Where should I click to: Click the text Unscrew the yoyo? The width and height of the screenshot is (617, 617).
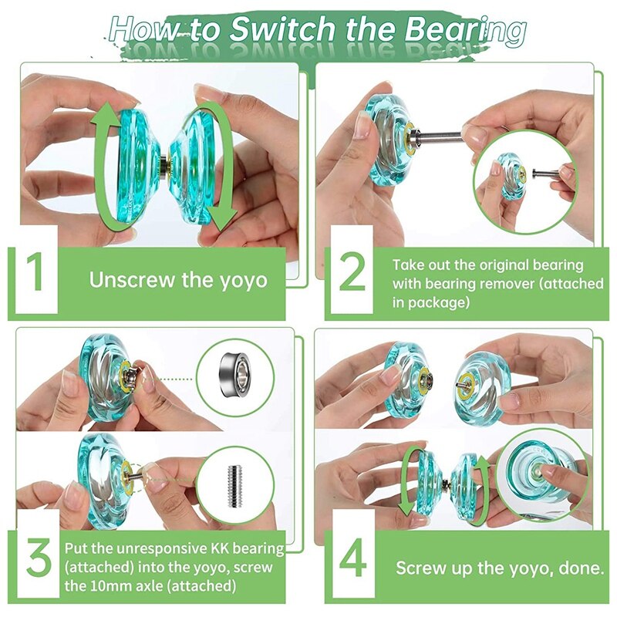(178, 278)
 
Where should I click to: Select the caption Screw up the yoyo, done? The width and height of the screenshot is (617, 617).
(499, 568)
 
